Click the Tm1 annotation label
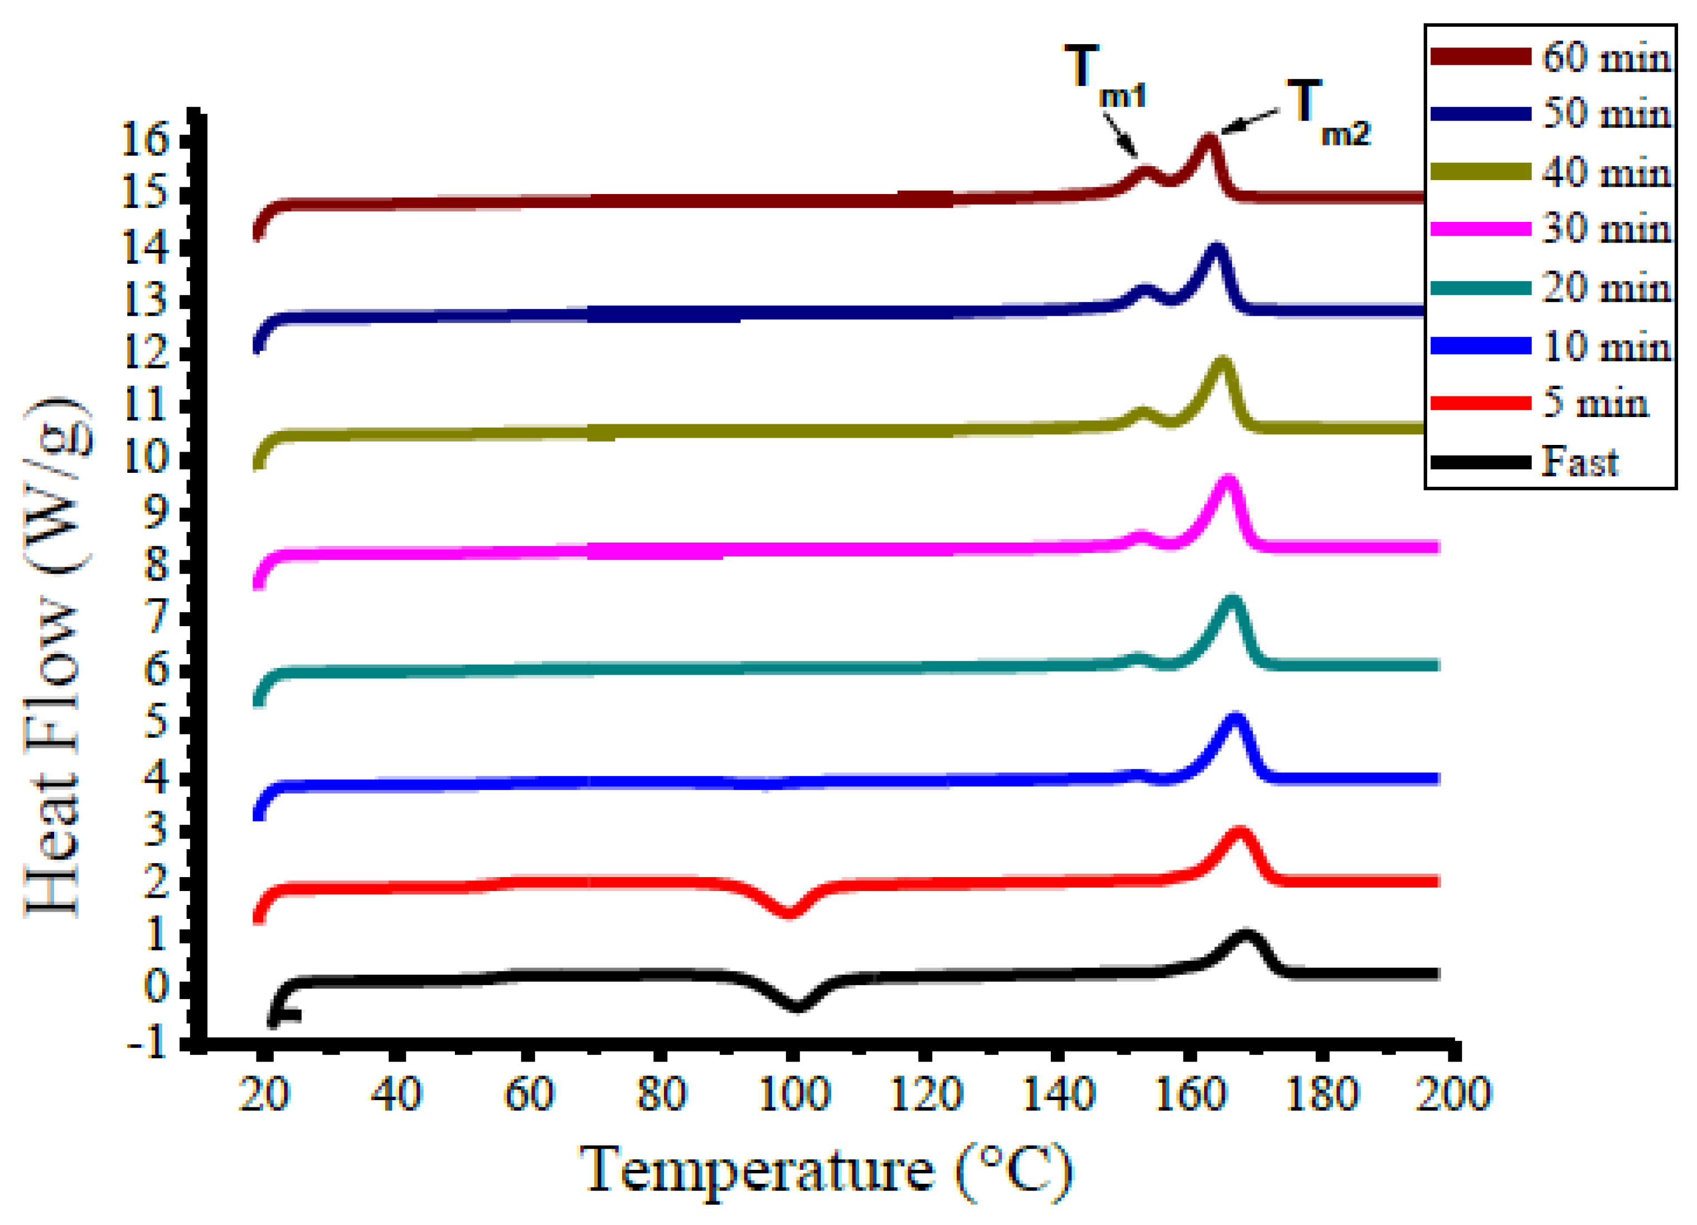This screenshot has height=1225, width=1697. coord(1103,76)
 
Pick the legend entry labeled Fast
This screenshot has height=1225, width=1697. coord(1579,462)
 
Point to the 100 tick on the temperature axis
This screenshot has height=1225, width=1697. coord(794,1095)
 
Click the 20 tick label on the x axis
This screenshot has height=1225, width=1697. coord(263,1095)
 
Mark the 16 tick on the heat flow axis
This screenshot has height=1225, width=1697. coord(147,139)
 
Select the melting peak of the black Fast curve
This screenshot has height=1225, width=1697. coord(1246,936)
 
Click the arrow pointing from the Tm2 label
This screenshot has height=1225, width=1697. coord(1249,123)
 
